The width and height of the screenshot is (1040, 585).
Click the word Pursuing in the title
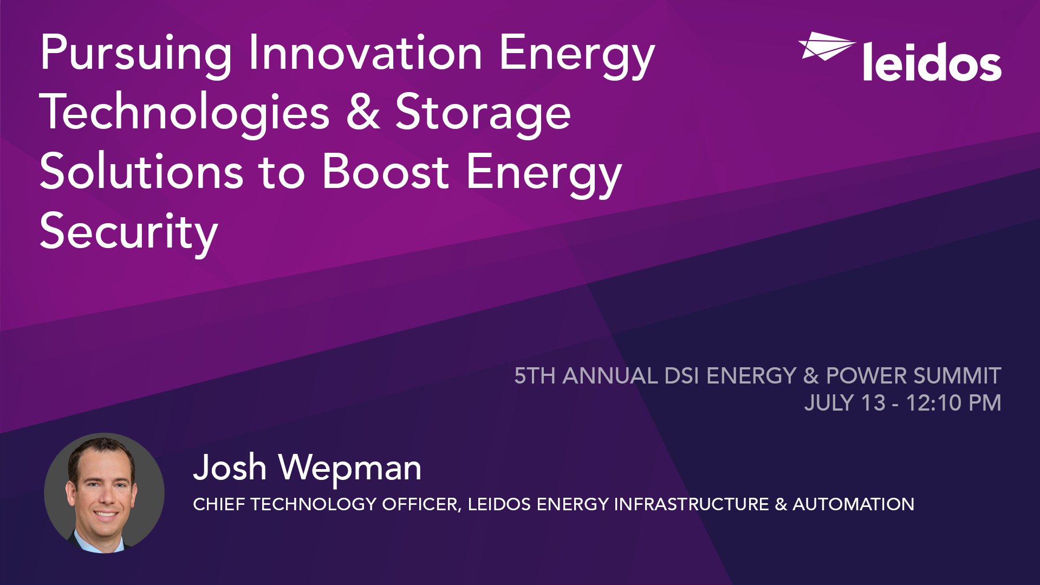point(135,54)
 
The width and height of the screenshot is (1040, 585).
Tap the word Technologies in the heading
point(184,112)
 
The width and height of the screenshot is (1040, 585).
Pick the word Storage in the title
point(483,112)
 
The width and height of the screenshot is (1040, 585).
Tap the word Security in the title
point(128,232)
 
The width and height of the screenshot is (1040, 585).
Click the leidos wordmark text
point(932,63)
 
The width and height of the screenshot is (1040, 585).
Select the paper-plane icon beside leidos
point(826,46)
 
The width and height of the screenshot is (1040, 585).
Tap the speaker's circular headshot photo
point(104,493)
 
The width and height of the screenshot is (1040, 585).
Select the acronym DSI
point(681,376)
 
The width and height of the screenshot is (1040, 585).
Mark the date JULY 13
point(844,403)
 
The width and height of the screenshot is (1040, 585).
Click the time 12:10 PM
point(953,403)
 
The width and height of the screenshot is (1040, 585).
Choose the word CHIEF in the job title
point(219,504)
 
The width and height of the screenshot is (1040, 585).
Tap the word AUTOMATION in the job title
point(853,504)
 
